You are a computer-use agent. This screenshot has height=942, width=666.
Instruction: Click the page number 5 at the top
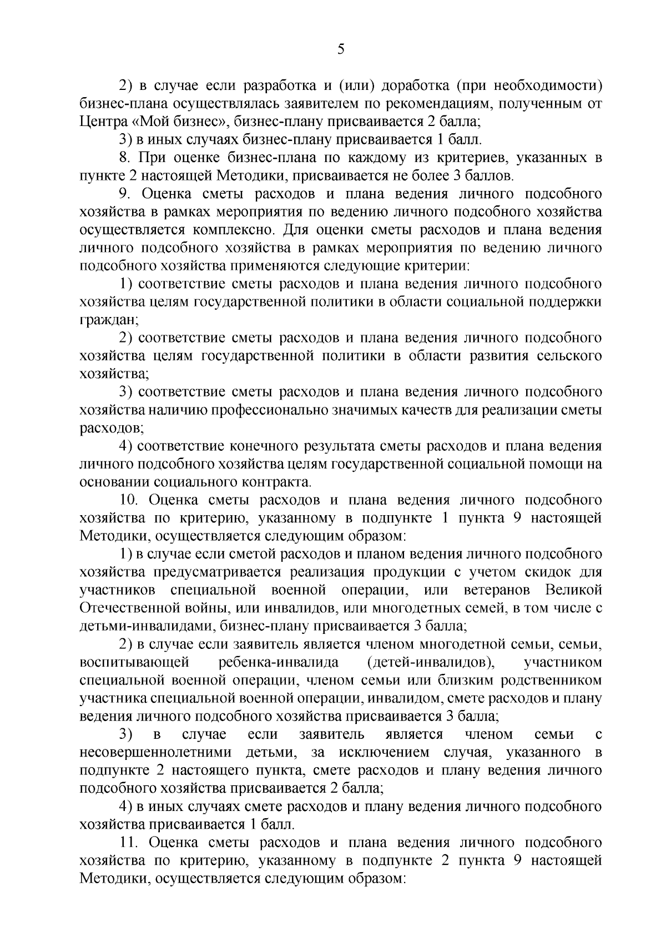341,50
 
